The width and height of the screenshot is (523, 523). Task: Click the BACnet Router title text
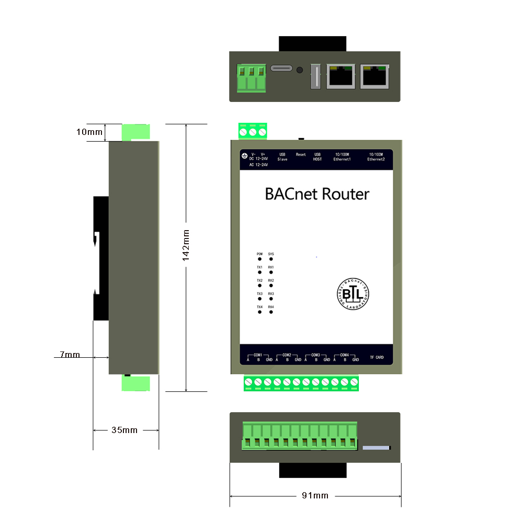point(317,194)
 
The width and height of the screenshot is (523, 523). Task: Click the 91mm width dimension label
point(315,495)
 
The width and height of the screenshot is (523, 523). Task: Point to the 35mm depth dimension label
point(124,430)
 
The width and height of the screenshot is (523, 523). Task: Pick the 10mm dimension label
point(89,132)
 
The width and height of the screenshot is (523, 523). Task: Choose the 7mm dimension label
point(70,355)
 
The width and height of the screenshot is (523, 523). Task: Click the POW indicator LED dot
point(259,259)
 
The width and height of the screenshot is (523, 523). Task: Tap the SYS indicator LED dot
point(271,259)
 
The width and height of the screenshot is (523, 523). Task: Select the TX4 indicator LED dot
point(259,312)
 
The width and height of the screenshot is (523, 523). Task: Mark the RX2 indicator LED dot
point(271,286)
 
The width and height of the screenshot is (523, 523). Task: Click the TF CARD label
point(376,358)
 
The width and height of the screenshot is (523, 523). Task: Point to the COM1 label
point(258,355)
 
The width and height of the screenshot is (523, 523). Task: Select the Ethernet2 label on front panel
point(376,159)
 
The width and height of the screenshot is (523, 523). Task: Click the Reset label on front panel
point(301,155)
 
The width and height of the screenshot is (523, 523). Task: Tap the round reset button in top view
point(300,70)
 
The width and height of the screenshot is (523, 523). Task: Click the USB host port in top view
point(315,77)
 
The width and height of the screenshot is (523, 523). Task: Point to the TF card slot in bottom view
point(377,448)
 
